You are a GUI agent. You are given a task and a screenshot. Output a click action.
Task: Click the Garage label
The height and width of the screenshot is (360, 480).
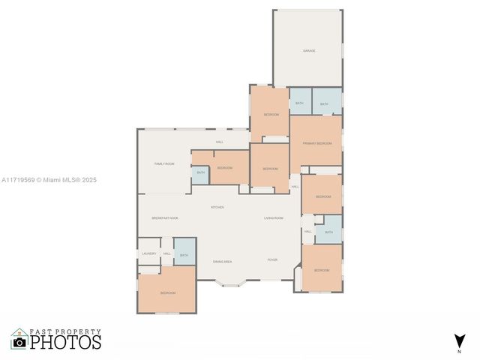[x=309, y=51]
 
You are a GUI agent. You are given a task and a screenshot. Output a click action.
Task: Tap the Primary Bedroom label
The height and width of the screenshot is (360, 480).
[x=317, y=142]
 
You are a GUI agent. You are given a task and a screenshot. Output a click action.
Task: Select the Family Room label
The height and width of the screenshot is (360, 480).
[x=164, y=163]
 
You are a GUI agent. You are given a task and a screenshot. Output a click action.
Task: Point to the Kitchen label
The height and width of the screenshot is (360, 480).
[x=217, y=207]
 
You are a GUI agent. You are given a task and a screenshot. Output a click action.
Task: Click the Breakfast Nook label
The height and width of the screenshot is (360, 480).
[x=165, y=217]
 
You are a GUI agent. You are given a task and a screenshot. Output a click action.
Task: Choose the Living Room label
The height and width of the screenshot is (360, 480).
[x=273, y=217]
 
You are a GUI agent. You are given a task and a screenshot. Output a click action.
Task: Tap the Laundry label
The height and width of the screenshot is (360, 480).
[x=149, y=253]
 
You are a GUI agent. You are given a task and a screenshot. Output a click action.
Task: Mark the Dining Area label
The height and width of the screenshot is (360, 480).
[x=222, y=262]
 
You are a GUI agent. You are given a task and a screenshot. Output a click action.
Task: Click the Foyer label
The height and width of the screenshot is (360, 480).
[x=272, y=259]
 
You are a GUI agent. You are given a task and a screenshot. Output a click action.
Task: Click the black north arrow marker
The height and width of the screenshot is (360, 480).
[x=459, y=340]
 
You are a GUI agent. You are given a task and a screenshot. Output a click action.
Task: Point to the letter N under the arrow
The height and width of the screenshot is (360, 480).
[x=459, y=351]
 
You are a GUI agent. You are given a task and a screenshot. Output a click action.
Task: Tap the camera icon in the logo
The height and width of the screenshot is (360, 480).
[x=19, y=342]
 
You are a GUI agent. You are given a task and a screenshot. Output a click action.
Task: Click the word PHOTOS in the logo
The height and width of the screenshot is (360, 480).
[x=65, y=342]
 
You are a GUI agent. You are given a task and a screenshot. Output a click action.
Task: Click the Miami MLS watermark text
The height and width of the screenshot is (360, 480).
[x=49, y=180]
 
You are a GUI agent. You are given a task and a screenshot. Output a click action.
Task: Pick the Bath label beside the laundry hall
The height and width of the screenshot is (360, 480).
[x=184, y=255]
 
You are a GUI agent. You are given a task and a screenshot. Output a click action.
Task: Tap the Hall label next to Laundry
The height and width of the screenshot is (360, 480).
[x=167, y=253]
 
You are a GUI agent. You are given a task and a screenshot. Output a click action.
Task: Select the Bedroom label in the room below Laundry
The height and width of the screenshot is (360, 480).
[x=167, y=292]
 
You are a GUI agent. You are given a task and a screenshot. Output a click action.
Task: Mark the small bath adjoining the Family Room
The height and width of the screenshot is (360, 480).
[x=200, y=173]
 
